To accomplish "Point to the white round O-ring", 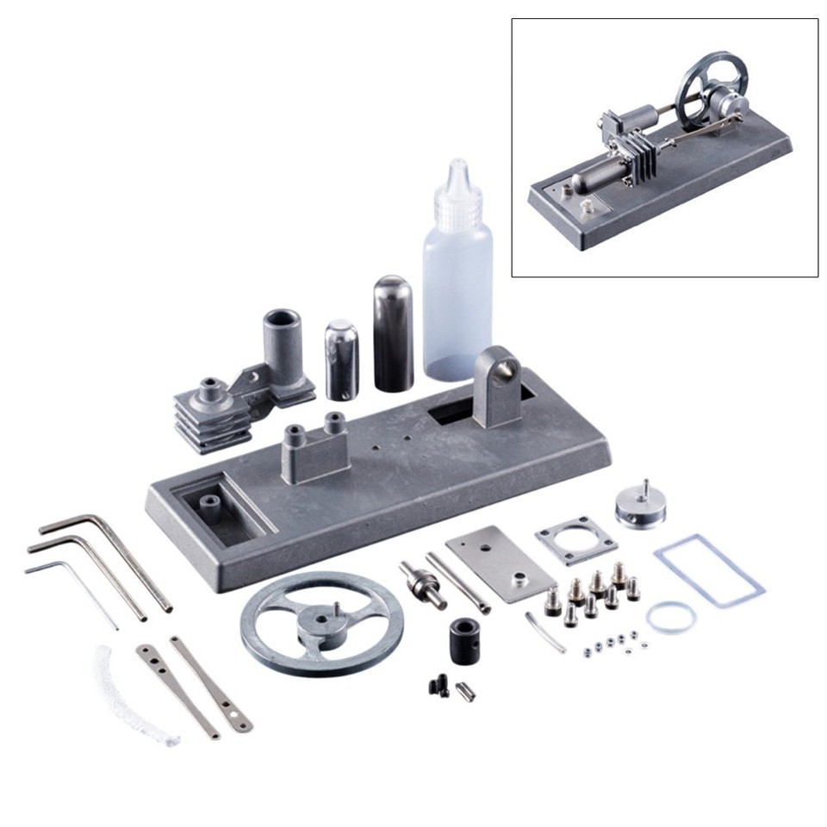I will pos(671,618).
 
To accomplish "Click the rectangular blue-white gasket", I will pos(709,571).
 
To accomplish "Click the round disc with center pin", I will pos(640,507).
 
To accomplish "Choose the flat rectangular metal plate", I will pos(501,563).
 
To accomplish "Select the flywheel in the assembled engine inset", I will pos(703,91).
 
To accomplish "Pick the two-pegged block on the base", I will pos(316,448).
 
